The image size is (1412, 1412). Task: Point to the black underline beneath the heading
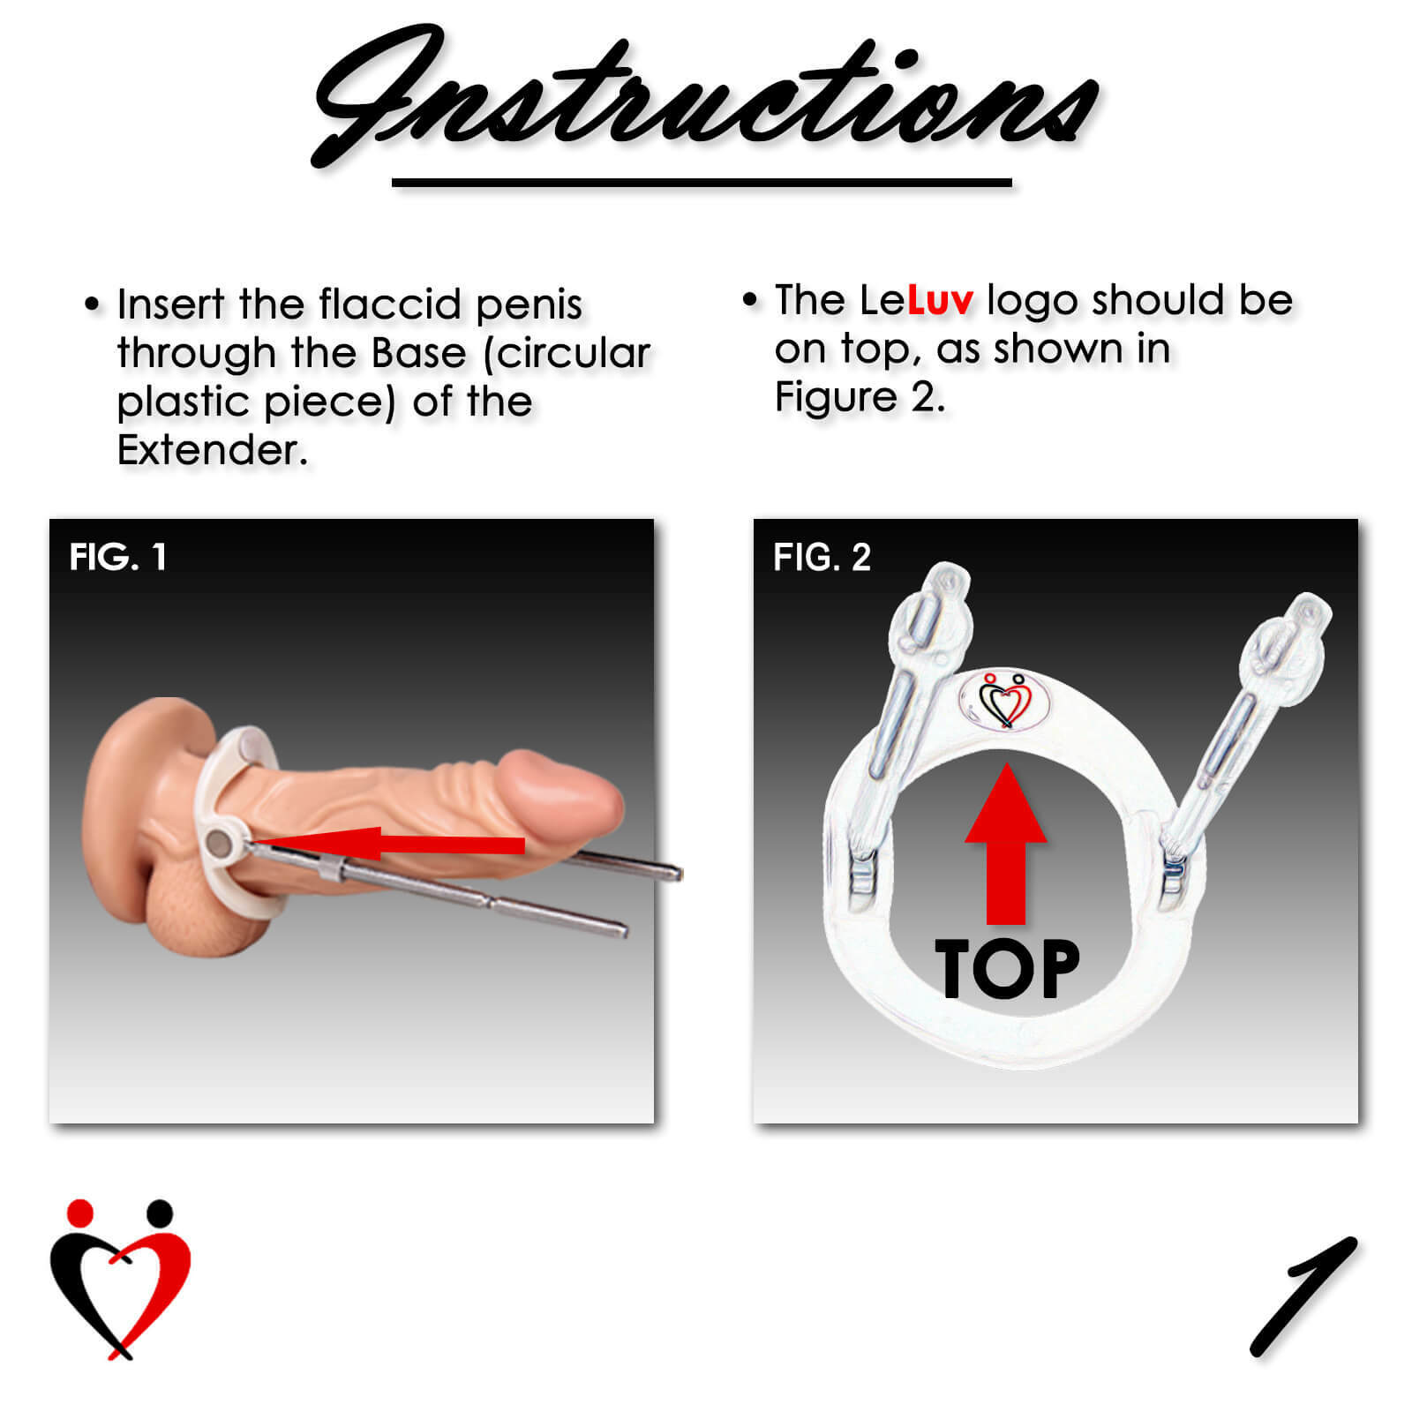point(702,183)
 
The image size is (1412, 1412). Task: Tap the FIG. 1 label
point(117,558)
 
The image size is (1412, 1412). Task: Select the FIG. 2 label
point(822,558)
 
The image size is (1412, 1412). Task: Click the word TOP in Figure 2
point(1007,969)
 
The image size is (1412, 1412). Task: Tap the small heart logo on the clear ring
point(1005,701)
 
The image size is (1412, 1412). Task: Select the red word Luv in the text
point(940,301)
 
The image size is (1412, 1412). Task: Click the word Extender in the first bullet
point(212,451)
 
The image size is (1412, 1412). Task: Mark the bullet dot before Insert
point(93,304)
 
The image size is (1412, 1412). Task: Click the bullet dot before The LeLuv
point(750,300)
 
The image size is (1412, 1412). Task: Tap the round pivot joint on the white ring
point(222,845)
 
